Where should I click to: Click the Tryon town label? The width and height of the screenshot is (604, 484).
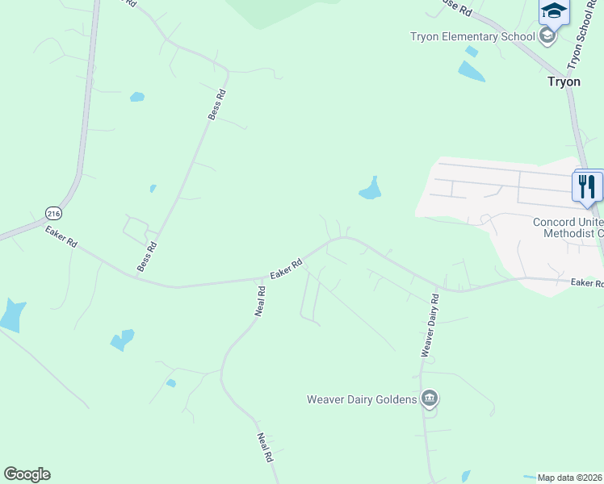point(564,81)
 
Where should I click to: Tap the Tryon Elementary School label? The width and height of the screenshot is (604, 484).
point(472,36)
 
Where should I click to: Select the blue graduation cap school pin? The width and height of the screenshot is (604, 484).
point(554,12)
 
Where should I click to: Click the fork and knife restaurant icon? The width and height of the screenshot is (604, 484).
point(587,186)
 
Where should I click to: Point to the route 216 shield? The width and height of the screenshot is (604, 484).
point(53,214)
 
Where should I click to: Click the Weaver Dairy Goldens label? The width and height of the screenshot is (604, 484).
point(361,399)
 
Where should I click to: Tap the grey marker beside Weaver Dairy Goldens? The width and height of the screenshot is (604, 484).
point(430,398)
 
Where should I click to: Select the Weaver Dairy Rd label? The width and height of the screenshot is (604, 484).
point(430,325)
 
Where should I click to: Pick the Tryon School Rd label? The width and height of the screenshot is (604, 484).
point(584,36)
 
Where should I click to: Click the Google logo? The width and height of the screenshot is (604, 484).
point(27,474)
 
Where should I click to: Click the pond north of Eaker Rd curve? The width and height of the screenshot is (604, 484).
point(371,189)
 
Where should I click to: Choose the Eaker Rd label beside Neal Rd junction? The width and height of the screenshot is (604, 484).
point(286,269)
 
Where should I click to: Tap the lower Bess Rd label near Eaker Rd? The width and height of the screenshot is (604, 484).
point(147,256)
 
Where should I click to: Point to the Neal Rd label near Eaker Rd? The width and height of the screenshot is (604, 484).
point(260,301)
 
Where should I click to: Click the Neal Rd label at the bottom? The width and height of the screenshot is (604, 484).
point(264,448)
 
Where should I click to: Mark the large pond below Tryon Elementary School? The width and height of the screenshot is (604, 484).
point(471,71)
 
